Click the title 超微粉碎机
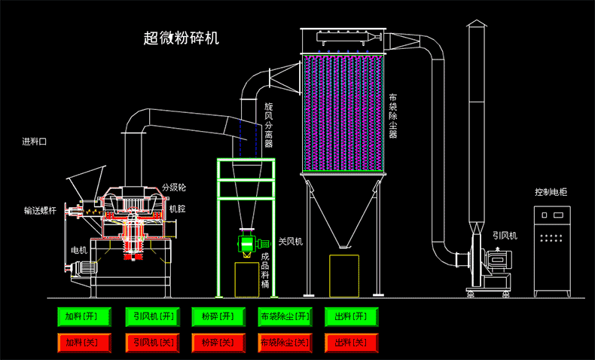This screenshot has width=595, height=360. (181, 38)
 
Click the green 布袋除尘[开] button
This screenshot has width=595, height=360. (284, 316)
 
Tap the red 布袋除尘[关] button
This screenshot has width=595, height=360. (284, 343)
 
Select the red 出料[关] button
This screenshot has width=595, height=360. (351, 343)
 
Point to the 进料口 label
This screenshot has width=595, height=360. (34, 142)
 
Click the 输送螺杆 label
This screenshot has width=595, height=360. (39, 212)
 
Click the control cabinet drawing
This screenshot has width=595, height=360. (554, 249)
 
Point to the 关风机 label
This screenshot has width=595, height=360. (290, 242)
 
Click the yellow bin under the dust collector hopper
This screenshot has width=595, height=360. (343, 275)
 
